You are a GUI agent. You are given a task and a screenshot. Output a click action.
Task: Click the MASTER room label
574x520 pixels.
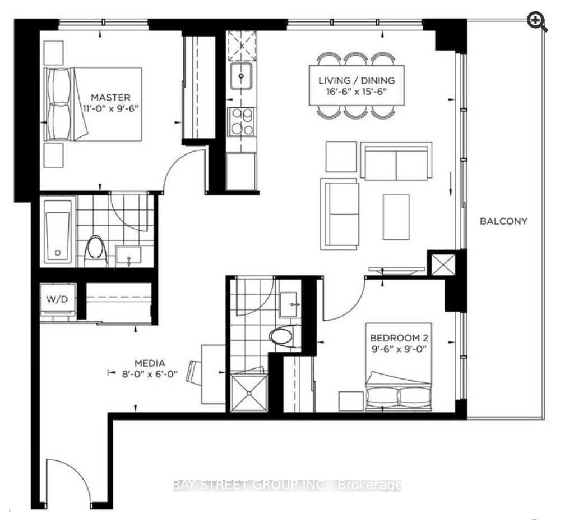(x=110, y=98)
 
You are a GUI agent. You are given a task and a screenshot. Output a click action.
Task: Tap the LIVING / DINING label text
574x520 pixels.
(x=357, y=81)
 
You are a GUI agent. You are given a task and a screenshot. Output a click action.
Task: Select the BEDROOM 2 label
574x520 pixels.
(x=399, y=338)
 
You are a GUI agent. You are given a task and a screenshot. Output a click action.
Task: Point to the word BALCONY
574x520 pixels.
(x=504, y=221)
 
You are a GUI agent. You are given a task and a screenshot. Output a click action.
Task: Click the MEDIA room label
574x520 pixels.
(x=150, y=363)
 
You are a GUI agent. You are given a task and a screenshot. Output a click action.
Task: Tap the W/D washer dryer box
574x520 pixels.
(x=58, y=300)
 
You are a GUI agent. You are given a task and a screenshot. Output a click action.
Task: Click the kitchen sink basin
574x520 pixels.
(x=241, y=76)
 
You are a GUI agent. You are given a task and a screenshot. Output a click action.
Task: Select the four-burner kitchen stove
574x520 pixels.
(x=241, y=121)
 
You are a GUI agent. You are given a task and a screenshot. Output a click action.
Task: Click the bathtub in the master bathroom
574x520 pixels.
(x=58, y=232)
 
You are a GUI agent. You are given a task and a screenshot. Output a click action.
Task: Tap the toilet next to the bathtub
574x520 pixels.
(x=96, y=251)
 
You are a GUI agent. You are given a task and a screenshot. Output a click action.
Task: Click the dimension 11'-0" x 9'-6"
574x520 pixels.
(x=111, y=108)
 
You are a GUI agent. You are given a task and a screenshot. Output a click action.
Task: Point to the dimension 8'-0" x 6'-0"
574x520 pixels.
(x=150, y=374)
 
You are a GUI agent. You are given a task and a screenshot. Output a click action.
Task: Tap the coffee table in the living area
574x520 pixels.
(x=396, y=217)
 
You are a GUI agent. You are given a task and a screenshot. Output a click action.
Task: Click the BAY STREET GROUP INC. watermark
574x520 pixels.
(x=288, y=485)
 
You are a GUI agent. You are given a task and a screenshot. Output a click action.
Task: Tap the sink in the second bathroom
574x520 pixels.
(x=289, y=305)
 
